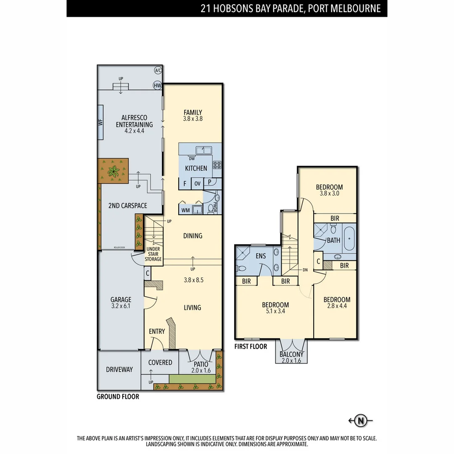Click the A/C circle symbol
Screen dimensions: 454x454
click(158, 71)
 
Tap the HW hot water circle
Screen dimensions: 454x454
click(158, 85)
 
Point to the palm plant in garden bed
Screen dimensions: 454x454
click(113, 171)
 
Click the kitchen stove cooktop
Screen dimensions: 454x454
click(217, 165)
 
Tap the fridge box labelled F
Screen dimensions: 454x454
click(185, 183)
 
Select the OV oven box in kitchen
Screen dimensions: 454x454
click(197, 183)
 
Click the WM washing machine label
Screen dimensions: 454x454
click(185, 210)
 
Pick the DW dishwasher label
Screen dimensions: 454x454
click(191, 158)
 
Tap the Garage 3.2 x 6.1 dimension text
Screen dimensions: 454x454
click(121, 306)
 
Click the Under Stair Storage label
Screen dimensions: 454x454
click(153, 254)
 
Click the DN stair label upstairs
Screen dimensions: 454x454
click(305, 270)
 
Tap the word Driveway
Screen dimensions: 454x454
click(119, 370)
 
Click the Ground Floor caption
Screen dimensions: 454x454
click(118, 396)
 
